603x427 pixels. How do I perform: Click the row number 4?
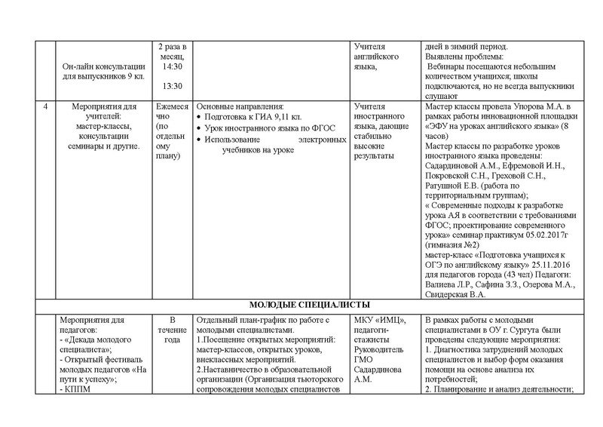tap(46, 106)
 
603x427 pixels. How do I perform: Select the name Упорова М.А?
tap(529, 106)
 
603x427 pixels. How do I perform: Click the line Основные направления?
tap(239, 106)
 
